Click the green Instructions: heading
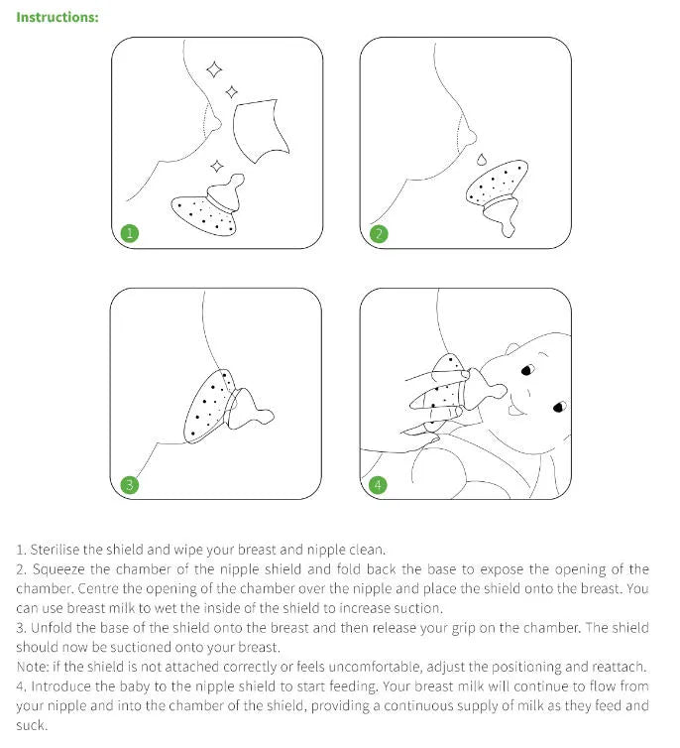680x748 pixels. (x=57, y=17)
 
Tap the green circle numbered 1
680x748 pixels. (x=129, y=234)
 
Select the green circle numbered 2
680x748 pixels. (x=378, y=234)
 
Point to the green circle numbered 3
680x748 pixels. (x=129, y=485)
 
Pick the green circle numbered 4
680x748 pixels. (x=378, y=485)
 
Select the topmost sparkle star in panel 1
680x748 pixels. (x=213, y=68)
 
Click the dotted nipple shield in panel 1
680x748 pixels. (x=206, y=210)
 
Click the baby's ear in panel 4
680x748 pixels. (x=515, y=350)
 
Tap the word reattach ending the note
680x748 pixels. (x=619, y=667)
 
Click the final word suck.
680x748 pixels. (x=32, y=725)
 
